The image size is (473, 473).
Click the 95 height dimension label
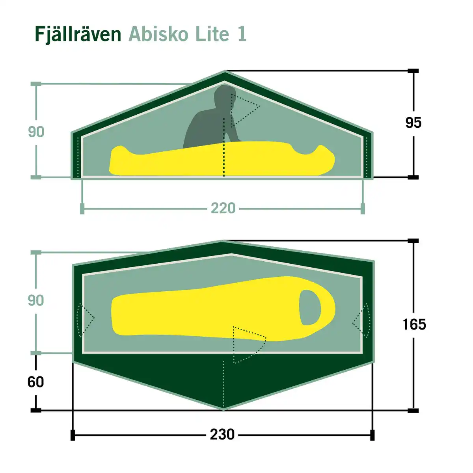pos(413,123)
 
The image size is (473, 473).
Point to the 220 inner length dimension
pos(223,208)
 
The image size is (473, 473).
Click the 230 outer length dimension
pos(222,434)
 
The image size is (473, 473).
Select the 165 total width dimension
pos(414,324)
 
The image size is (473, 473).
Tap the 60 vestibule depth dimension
pos(35,382)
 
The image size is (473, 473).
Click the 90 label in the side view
pos(36,132)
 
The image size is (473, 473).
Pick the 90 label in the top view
pos(36,300)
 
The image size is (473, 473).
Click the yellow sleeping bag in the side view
pos(221,160)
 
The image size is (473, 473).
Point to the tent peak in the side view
pos(225,72)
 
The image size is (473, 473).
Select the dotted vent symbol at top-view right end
pos(362,320)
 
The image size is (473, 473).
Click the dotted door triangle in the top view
pos(248,344)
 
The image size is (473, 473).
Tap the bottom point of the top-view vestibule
pos(224,409)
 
